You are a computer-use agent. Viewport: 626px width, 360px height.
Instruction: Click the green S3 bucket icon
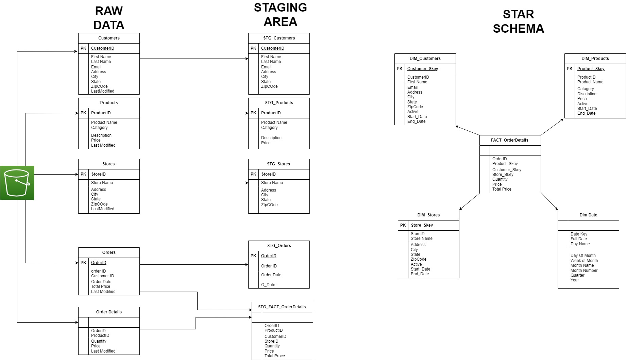click(17, 183)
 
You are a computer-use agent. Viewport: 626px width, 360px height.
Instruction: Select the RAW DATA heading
click(109, 18)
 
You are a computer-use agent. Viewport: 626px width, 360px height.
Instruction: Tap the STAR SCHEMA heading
click(518, 21)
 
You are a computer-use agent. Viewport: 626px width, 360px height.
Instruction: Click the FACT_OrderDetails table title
click(509, 140)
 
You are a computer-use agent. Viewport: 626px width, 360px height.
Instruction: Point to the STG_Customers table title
click(279, 38)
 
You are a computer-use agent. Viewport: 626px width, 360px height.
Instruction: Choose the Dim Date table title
click(588, 215)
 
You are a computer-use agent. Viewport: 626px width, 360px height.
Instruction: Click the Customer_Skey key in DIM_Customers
click(423, 69)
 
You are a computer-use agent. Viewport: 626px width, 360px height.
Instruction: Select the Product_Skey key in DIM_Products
click(591, 69)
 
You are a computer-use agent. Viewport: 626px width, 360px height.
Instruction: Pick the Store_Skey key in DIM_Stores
click(422, 225)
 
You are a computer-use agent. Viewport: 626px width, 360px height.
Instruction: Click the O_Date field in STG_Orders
click(268, 285)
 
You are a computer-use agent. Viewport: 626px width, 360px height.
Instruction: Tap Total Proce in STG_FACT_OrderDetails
click(275, 356)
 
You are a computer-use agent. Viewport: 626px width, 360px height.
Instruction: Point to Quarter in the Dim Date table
click(577, 275)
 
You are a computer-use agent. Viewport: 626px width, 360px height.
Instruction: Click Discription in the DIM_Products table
click(587, 94)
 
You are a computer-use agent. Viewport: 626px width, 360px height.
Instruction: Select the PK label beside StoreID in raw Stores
click(83, 174)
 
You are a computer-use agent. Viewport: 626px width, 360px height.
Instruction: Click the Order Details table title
click(109, 312)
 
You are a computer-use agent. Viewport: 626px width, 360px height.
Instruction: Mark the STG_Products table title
click(279, 103)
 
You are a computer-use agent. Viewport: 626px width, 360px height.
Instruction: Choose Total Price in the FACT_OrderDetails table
click(502, 189)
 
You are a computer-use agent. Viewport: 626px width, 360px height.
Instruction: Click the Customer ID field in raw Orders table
click(102, 276)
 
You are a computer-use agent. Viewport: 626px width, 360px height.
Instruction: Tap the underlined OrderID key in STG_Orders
click(269, 256)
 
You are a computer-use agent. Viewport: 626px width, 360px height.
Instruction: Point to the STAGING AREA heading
click(280, 15)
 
